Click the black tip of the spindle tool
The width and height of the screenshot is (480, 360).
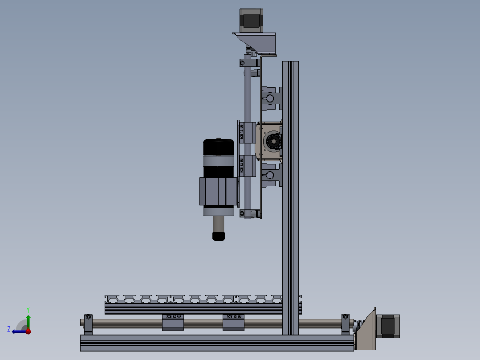click(x=218, y=236)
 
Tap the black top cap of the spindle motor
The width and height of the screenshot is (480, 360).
click(x=219, y=147)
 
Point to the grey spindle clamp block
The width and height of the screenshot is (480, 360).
click(x=217, y=191)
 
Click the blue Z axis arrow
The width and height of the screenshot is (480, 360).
click(x=18, y=331)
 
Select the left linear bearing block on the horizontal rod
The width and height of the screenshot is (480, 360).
click(x=173, y=322)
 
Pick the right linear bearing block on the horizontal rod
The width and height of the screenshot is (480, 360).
click(x=234, y=322)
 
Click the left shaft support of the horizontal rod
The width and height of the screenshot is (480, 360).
click(x=88, y=324)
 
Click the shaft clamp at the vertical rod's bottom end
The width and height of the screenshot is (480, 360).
click(x=249, y=214)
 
